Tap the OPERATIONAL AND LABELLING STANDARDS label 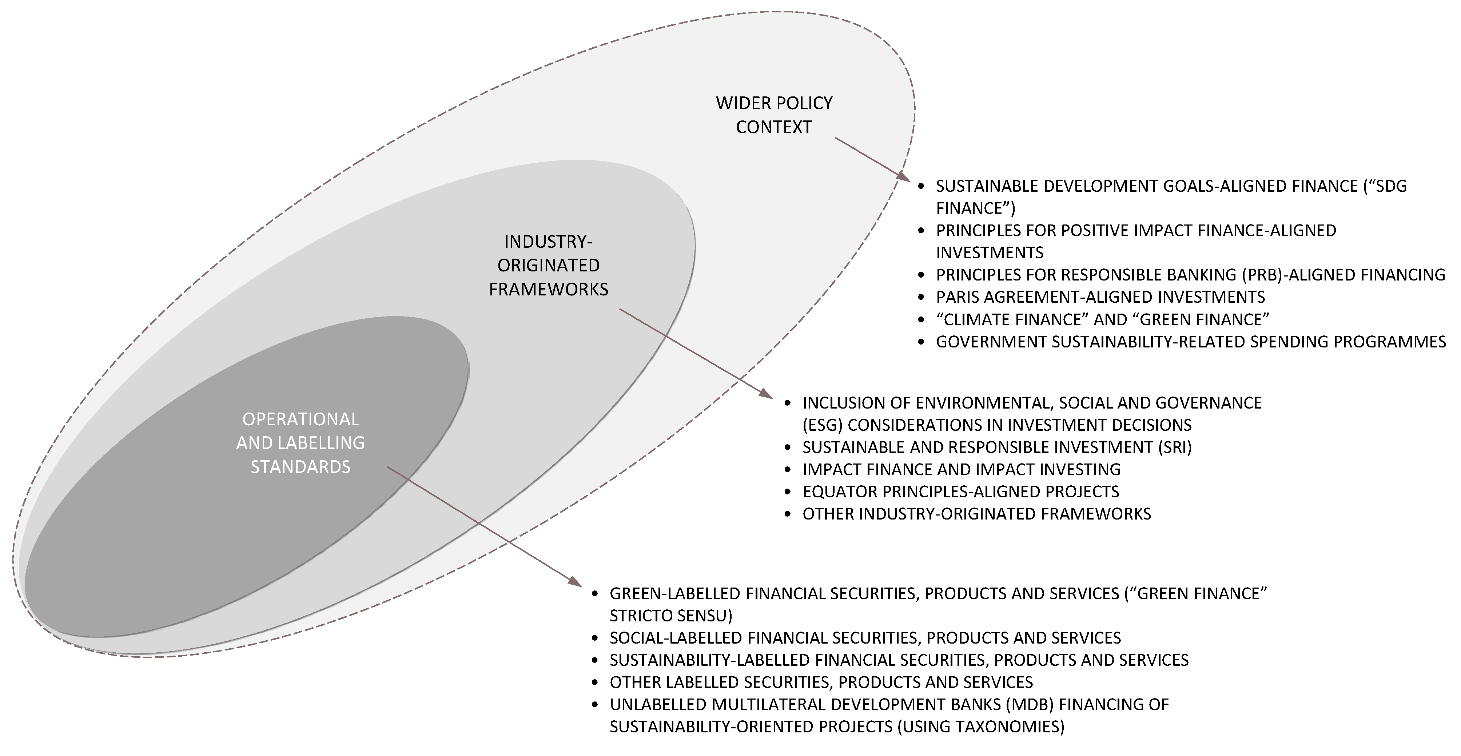coord(300,442)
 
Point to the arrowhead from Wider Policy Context coord(903,176)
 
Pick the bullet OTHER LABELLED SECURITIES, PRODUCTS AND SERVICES coord(821,682)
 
